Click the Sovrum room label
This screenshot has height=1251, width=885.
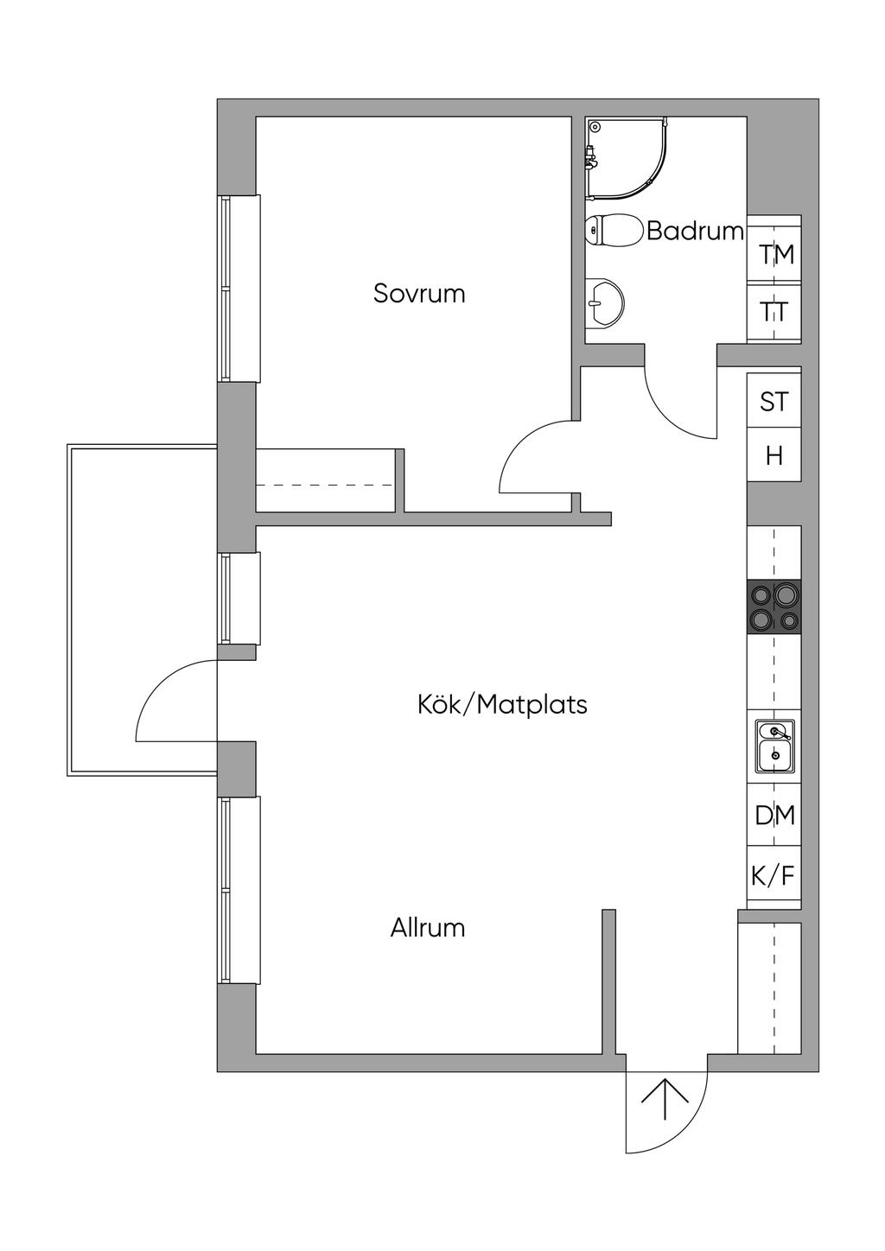[419, 294]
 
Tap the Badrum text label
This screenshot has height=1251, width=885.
[695, 231]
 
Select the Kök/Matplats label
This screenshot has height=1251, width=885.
[502, 705]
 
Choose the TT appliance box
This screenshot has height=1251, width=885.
[774, 311]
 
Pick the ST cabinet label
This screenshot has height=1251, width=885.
[774, 402]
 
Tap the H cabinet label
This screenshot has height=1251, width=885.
[774, 456]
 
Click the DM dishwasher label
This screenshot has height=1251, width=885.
[774, 816]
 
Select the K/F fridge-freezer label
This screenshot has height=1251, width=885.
[773, 875]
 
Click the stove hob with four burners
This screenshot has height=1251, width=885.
[774, 606]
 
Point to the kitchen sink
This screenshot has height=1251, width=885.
[774, 746]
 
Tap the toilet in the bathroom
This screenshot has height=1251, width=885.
[614, 230]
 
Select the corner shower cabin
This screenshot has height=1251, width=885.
[627, 158]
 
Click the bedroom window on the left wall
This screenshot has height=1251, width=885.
[239, 289]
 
